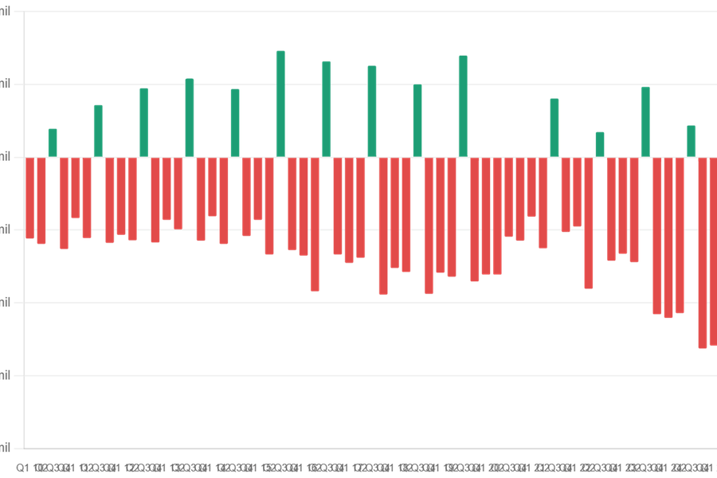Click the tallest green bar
[x=280, y=104]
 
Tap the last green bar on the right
[x=691, y=141]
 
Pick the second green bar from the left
[x=98, y=131]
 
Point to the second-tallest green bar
[x=463, y=105]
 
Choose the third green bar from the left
[x=144, y=122]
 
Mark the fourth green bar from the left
[x=189, y=117]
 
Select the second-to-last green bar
[x=645, y=122]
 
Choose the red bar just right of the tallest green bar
[x=292, y=204]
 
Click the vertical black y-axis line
[x=25, y=239]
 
